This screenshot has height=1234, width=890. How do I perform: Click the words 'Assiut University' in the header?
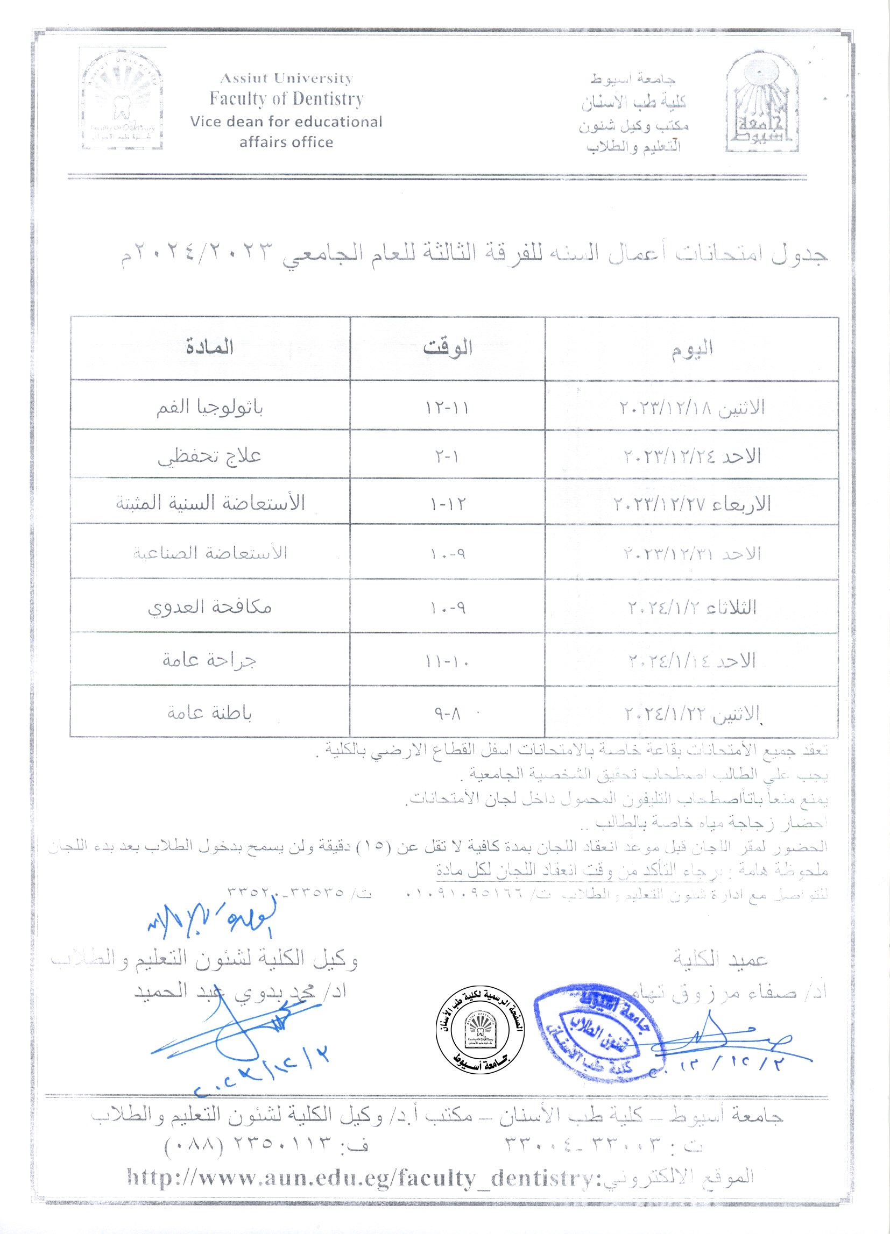[286, 79]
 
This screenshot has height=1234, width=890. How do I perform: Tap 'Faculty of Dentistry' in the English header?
[286, 99]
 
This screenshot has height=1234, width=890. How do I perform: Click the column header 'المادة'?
[209, 347]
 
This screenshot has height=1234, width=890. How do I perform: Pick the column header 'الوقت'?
[448, 348]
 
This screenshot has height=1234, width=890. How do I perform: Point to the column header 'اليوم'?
[692, 348]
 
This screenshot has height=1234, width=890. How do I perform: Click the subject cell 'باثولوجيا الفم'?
[209, 407]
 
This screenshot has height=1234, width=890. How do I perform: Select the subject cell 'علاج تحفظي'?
[209, 456]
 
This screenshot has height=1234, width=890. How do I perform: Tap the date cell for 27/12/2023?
[692, 504]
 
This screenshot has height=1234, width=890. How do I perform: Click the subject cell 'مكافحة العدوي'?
[209, 607]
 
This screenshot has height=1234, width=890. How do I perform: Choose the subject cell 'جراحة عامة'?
[209, 660]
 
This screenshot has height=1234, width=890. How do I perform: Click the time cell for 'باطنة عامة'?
[448, 714]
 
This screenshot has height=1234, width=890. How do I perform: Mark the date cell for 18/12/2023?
[692, 407]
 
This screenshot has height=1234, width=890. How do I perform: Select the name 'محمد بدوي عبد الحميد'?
[239, 992]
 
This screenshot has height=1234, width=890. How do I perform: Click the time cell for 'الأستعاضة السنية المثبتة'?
[448, 504]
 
